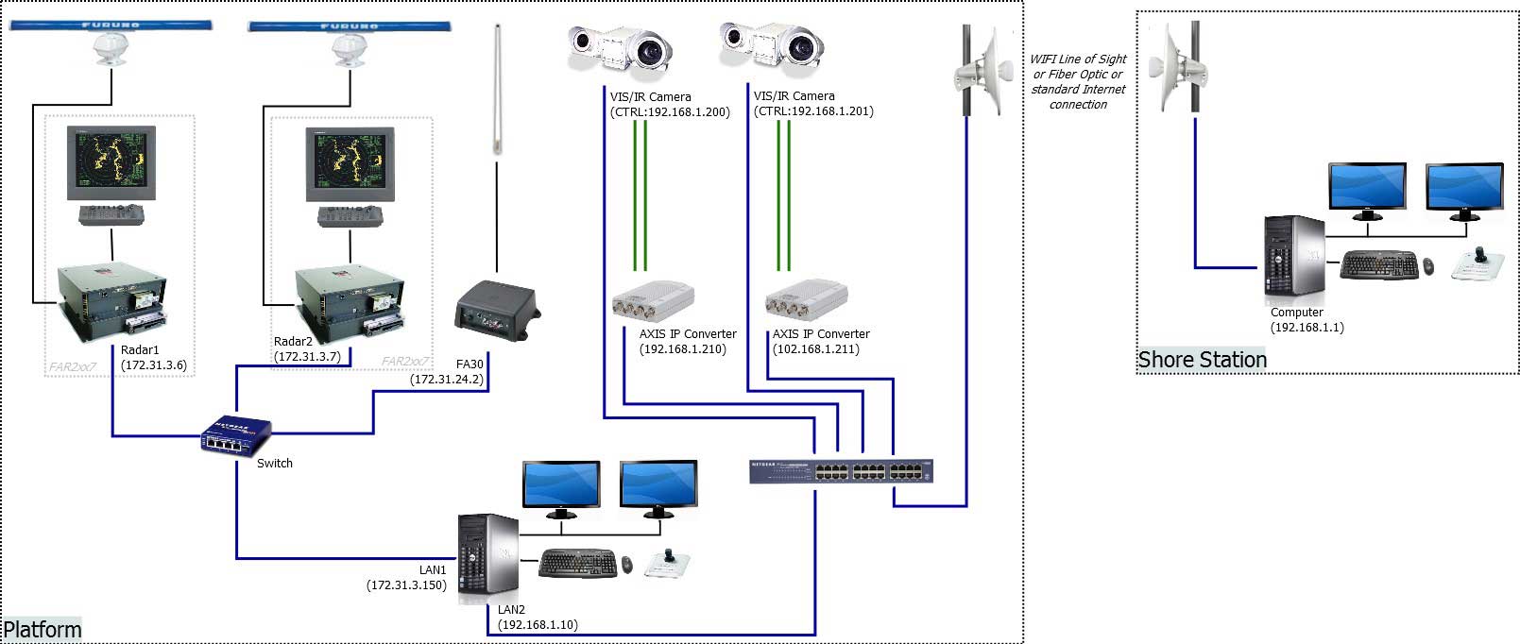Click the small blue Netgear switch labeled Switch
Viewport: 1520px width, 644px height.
pyautogui.click(x=235, y=435)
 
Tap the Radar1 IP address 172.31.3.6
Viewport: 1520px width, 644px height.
pyautogui.click(x=154, y=365)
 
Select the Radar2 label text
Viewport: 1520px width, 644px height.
pyautogui.click(x=293, y=342)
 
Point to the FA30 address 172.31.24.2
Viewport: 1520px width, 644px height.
pyautogui.click(x=447, y=380)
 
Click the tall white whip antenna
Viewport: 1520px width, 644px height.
pyautogui.click(x=497, y=90)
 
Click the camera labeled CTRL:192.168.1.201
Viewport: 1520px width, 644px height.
pyautogui.click(x=771, y=47)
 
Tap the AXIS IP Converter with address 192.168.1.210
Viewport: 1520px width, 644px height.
pyautogui.click(x=653, y=302)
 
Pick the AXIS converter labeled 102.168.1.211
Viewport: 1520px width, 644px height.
pyautogui.click(x=806, y=300)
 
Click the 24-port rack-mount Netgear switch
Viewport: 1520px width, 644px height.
pyautogui.click(x=841, y=471)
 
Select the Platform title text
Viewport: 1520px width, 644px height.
pyautogui.click(x=43, y=630)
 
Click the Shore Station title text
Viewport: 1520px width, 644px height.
pyautogui.click(x=1202, y=360)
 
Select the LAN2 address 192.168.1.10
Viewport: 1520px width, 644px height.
pyautogui.click(x=538, y=625)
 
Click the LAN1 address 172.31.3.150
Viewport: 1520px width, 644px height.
pyautogui.click(x=406, y=585)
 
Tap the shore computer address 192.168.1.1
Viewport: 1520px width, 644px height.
pyautogui.click(x=1307, y=328)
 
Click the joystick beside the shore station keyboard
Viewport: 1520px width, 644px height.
pyautogui.click(x=1475, y=263)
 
